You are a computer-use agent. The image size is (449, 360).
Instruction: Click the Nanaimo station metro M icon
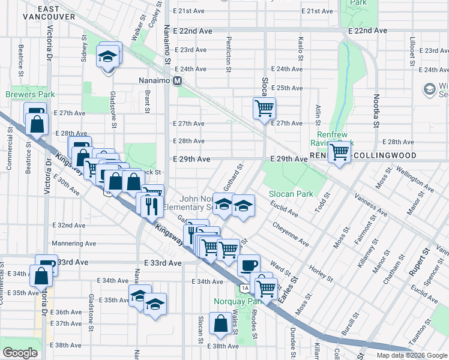tap(178, 80)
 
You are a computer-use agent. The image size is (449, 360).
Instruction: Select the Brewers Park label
tap(30, 94)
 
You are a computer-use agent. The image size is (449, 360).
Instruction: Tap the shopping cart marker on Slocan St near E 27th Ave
tap(264, 109)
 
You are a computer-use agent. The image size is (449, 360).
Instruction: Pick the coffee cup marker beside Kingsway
tap(248, 265)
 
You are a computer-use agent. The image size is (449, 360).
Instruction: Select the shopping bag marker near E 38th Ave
tap(221, 323)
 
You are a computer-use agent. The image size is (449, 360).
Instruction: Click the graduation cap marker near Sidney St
tap(108, 56)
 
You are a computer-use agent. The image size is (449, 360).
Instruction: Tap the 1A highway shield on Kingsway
tap(244, 289)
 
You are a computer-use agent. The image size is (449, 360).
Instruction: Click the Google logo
tap(20, 353)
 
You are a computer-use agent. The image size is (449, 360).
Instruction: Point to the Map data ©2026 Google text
tap(411, 355)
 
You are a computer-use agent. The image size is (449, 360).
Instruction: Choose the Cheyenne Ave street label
tap(291, 235)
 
